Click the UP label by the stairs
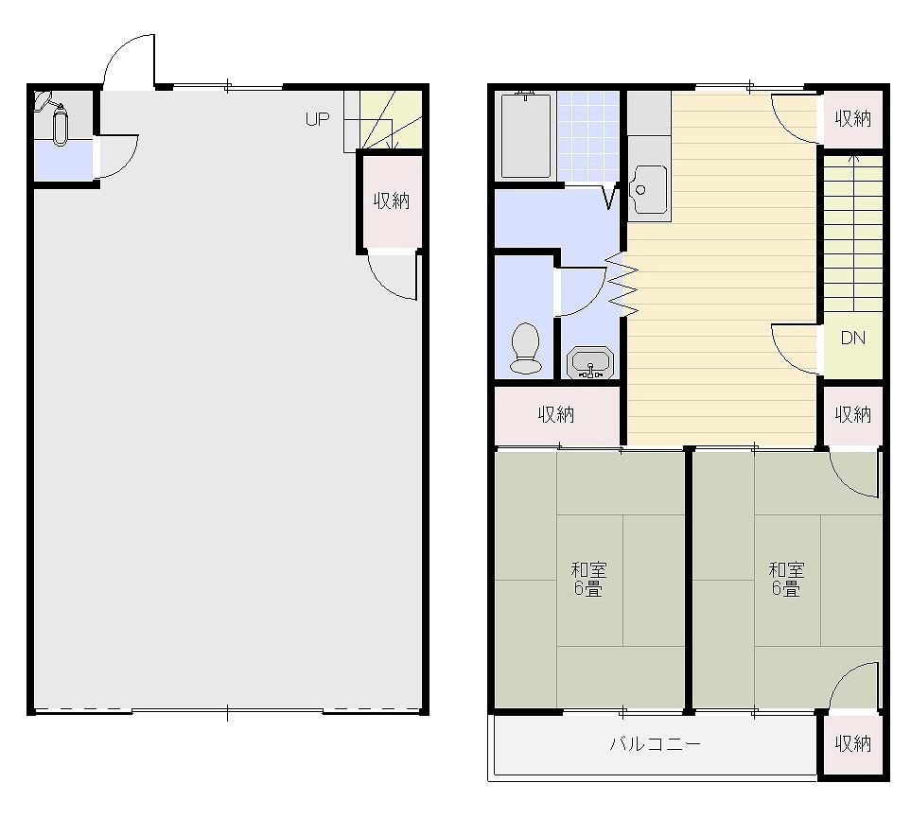[317, 119]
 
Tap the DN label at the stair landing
[853, 338]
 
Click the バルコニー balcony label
[655, 743]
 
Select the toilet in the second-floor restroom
[525, 347]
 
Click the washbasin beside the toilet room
[589, 363]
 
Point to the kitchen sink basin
[648, 189]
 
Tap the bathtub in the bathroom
[526, 136]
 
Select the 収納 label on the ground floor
[392, 201]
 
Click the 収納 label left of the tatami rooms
[556, 415]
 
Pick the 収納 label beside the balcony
[853, 743]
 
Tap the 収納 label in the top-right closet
[853, 119]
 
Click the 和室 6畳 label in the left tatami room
[588, 579]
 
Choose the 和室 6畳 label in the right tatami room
[786, 579]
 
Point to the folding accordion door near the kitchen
[622, 285]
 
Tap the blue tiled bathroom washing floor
[588, 136]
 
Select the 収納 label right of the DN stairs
[853, 415]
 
